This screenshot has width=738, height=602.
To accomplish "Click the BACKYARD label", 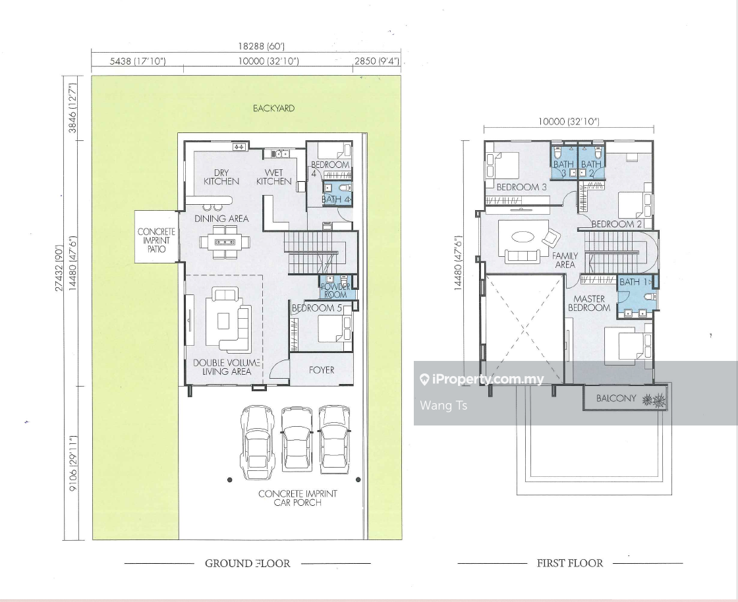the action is click(273, 108).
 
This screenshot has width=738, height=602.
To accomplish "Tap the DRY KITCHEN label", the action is click(221, 177).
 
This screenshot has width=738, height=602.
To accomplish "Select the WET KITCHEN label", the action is click(273, 177).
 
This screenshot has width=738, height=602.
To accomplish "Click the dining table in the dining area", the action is click(225, 242).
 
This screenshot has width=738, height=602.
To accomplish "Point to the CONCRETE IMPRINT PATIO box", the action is click(156, 236).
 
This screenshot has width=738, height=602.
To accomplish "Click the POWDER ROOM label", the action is click(335, 290).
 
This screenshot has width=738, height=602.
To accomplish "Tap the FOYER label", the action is click(322, 370).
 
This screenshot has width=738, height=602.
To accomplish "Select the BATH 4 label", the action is click(337, 200).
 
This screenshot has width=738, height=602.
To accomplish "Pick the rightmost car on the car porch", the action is click(335, 440).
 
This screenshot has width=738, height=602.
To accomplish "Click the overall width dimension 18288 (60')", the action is click(261, 46).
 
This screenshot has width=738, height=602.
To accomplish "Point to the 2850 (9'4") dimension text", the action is click(377, 61).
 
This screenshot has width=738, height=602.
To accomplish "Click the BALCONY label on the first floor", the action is click(616, 398).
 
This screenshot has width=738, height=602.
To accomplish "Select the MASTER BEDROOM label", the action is click(589, 304).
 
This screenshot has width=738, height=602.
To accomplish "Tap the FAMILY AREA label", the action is click(565, 260).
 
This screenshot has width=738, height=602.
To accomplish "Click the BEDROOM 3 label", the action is click(521, 187).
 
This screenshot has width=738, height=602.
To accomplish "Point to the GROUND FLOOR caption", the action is click(248, 563).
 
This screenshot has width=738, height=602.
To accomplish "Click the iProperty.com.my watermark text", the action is click(488, 379).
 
